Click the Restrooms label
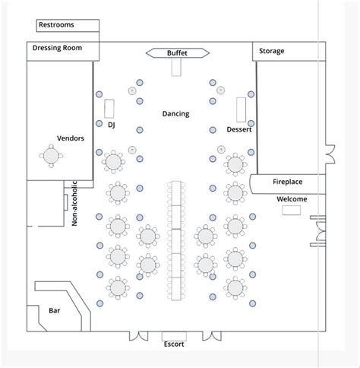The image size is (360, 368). coord(57,25)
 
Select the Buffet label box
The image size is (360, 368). coord(177,52)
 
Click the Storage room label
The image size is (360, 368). coord(272,51)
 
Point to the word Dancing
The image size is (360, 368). coord(175,114)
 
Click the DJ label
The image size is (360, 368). coord(112,123)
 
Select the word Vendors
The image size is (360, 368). coord(71,138)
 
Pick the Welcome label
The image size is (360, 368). coord(292,198)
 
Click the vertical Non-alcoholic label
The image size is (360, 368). coord(74,203)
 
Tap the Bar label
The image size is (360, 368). coord(54,311)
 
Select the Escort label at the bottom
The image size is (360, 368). coord(174,344)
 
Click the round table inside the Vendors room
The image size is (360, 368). coord(52,156)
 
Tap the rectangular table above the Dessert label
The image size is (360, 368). coord(242,109)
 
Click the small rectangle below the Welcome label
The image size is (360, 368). coord(291,209)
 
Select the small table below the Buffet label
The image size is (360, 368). coord(177,67)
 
